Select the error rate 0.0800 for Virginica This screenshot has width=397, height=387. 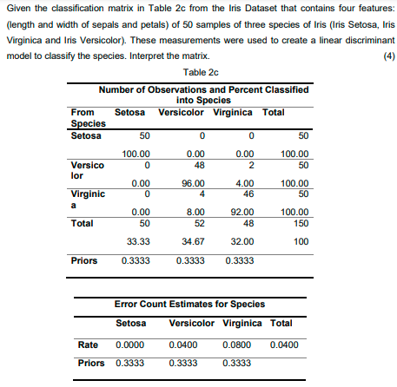click(x=252, y=345)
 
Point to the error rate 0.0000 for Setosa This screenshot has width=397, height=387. click(x=133, y=345)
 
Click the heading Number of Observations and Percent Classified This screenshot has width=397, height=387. click(x=202, y=90)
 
